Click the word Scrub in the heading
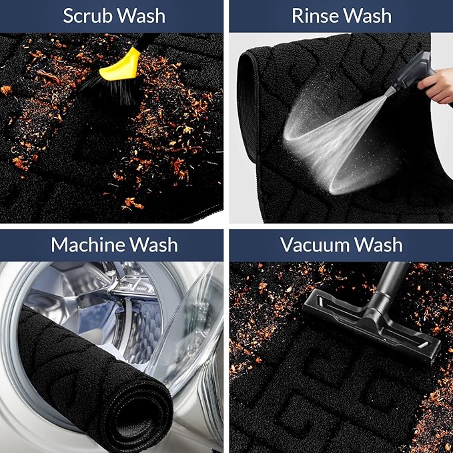(87, 16)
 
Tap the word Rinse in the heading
(314, 16)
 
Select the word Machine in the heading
(87, 245)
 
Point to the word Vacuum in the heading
(315, 245)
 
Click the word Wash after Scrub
(141, 16)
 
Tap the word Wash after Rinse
(367, 16)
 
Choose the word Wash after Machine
(153, 245)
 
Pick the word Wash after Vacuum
(378, 245)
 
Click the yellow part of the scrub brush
(121, 65)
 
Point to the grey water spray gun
(410, 73)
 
